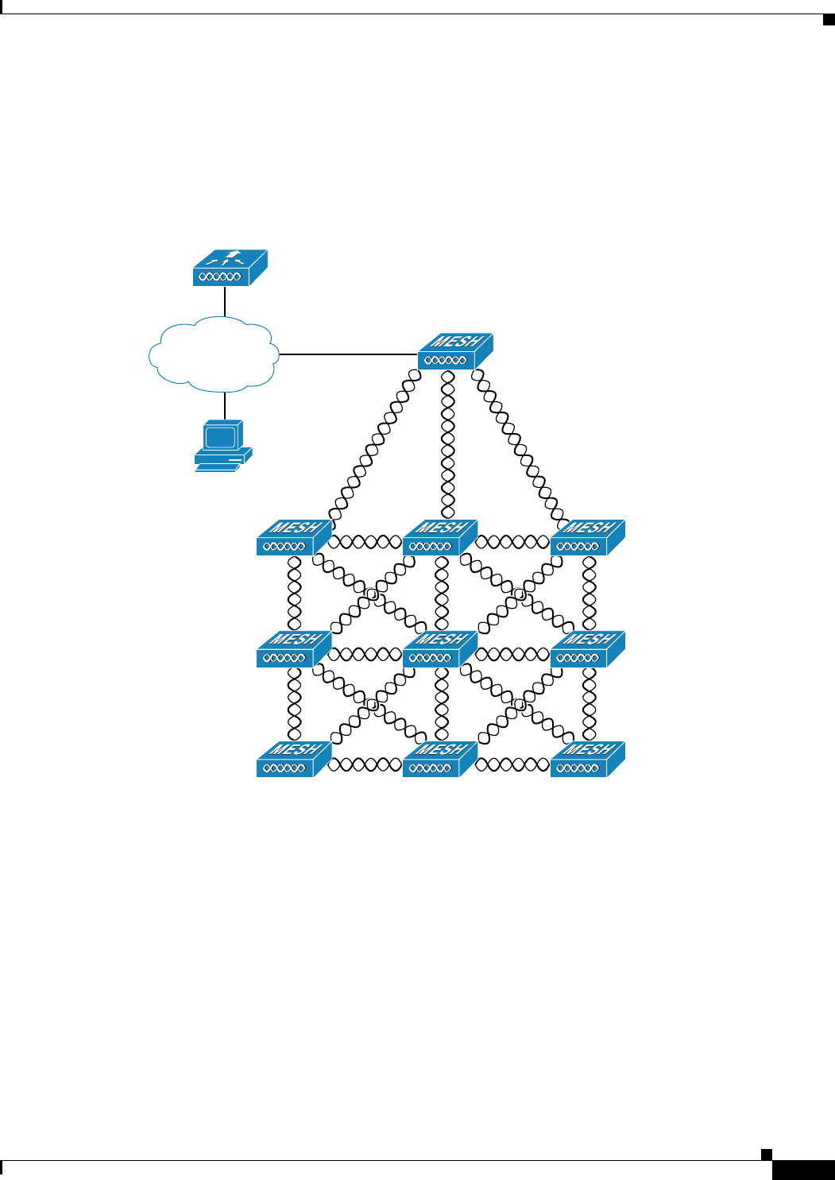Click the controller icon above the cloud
click(230, 269)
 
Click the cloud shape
click(214, 354)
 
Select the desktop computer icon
click(223, 447)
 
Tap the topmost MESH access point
click(455, 351)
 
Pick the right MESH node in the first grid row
click(587, 538)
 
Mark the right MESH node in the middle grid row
click(587, 649)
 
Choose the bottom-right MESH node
click(587, 760)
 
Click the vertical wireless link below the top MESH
click(448, 445)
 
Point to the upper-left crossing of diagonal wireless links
click(371, 594)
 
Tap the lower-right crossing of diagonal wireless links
click(519, 705)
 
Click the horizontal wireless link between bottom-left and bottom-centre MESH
click(365, 764)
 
